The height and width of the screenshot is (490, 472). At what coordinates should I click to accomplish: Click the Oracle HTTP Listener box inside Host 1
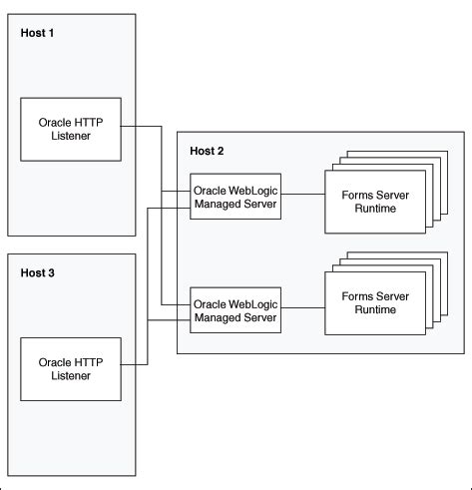coord(69,129)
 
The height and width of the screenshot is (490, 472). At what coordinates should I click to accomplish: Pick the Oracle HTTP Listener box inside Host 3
coord(69,368)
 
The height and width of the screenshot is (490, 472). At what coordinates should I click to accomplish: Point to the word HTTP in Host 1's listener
coord(89,123)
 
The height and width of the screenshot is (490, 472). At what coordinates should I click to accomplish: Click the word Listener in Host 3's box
coord(69,375)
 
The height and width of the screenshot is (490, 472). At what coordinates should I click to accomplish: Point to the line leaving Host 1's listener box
coord(140,127)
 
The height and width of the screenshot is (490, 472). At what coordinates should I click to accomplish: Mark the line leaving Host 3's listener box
coord(135,366)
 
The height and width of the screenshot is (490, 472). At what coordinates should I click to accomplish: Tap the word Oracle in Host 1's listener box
coord(55,123)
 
